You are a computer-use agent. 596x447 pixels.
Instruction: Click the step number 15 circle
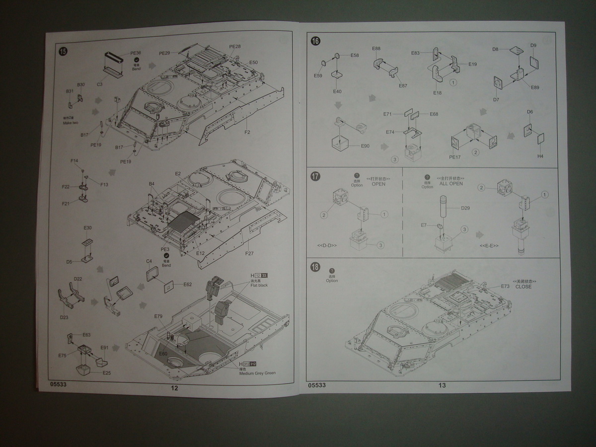[63, 52]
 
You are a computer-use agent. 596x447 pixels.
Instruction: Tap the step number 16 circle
[315, 41]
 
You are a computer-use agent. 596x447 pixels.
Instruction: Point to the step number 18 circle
[315, 267]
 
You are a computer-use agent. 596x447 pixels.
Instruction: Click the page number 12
[174, 388]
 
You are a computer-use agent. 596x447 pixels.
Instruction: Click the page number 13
[442, 385]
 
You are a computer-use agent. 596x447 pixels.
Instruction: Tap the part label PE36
[136, 53]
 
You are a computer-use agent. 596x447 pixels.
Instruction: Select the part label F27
[249, 253]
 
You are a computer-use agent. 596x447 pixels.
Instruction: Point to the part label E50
[253, 63]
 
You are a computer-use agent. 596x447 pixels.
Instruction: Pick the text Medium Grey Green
[257, 373]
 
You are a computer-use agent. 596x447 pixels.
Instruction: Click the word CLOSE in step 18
[523, 287]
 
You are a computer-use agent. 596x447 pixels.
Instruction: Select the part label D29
[465, 208]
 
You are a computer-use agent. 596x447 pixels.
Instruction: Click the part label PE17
[455, 158]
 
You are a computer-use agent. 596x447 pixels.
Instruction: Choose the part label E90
[365, 146]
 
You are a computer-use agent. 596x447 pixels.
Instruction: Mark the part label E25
[107, 372]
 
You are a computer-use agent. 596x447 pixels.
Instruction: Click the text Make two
[71, 122]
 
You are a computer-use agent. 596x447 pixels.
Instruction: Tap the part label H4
[540, 156]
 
